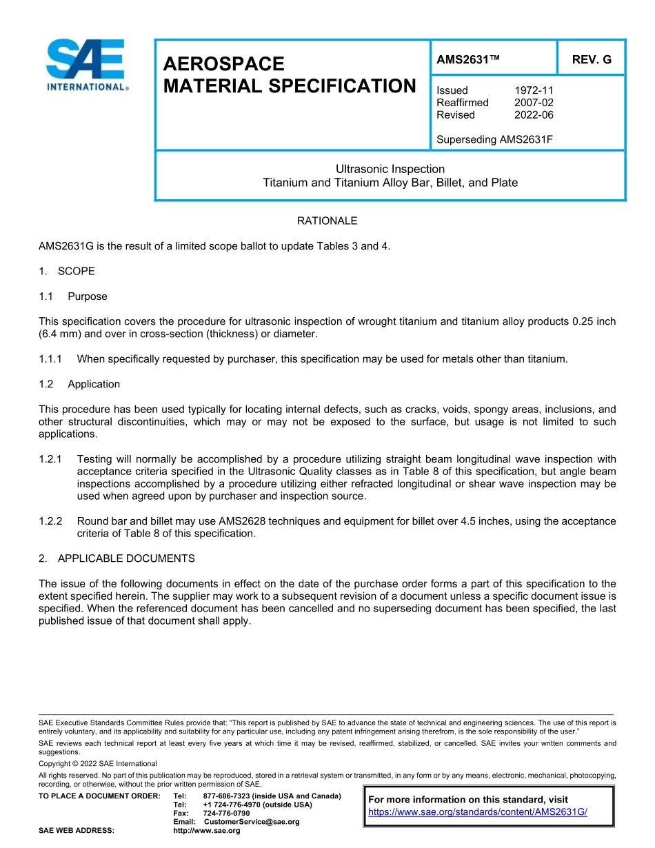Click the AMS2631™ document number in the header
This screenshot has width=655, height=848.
point(467,59)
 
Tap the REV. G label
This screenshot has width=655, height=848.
point(591,59)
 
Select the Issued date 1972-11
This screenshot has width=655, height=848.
point(534,90)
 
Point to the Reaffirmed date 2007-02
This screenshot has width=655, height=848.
point(534,103)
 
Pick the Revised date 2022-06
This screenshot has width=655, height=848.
point(534,115)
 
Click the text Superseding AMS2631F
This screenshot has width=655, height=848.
point(494,140)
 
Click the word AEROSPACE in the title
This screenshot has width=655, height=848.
point(223,64)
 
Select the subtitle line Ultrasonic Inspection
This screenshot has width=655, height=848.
point(390,169)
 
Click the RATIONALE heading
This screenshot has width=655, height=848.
point(327,221)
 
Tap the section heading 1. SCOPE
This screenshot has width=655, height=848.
point(67,271)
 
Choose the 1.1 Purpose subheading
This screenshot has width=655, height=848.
point(73,296)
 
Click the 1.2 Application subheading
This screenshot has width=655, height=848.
point(79,384)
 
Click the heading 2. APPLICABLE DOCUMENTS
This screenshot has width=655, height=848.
point(117,558)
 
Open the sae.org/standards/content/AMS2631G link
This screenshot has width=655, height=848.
point(477,812)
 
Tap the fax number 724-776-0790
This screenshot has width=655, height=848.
point(226,814)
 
